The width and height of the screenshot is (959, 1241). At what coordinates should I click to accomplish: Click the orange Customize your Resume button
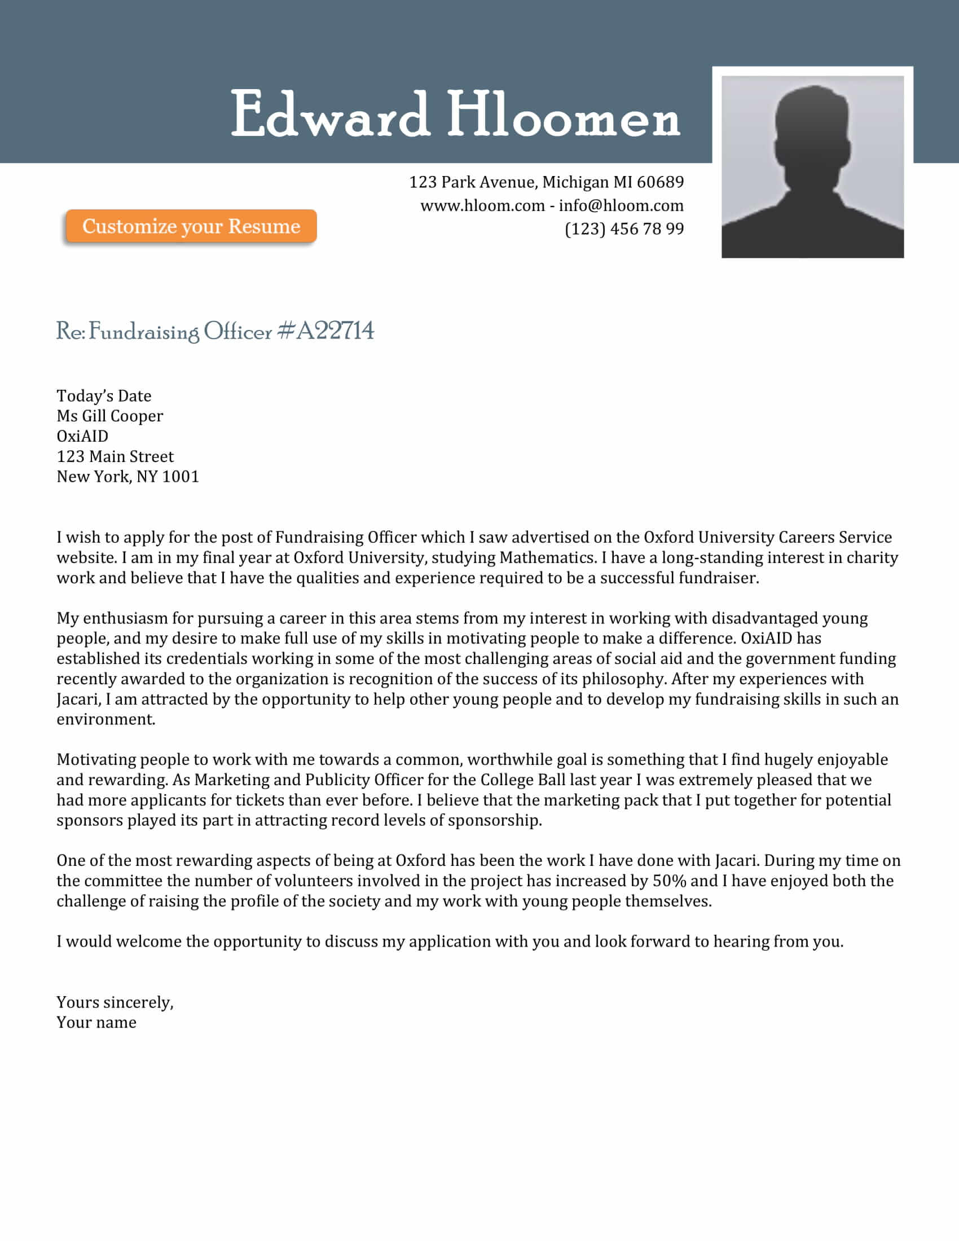tap(191, 226)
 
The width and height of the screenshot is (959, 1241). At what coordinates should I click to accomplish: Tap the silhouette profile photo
tap(812, 166)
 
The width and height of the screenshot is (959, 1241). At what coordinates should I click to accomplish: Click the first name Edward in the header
tap(329, 114)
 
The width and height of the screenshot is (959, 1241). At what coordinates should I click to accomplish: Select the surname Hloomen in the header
tap(563, 114)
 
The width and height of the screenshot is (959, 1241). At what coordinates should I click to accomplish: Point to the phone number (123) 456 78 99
tap(624, 229)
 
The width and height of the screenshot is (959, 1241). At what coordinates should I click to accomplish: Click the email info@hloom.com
tap(621, 206)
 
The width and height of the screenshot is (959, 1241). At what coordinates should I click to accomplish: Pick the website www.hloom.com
tap(482, 206)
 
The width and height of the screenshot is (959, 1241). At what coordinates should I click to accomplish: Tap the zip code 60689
tap(660, 182)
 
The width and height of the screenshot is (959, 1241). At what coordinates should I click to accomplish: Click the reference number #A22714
tap(325, 331)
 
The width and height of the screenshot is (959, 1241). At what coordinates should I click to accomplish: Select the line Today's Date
tap(104, 396)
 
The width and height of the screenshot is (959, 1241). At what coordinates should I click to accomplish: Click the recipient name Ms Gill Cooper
tap(109, 416)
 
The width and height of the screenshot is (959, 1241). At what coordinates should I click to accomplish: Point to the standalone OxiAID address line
tap(82, 437)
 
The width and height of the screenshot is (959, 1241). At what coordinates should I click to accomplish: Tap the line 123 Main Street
tap(115, 456)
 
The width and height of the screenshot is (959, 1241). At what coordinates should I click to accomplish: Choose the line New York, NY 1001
tap(128, 477)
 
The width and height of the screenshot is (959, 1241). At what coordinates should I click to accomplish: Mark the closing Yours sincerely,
tap(115, 1002)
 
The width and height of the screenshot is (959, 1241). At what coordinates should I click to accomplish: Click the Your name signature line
tap(96, 1023)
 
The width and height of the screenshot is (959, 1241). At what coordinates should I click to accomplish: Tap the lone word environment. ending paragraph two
tap(105, 719)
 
